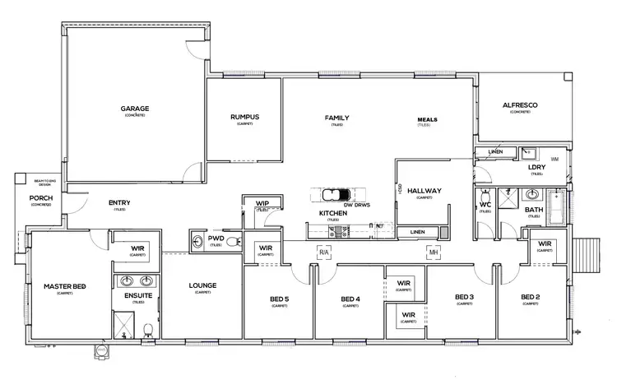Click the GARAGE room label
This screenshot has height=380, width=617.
coord(135,108)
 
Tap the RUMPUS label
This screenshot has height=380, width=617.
coord(244,117)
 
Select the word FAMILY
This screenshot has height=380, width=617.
coord(337,118)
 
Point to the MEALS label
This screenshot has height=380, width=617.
coord(426,119)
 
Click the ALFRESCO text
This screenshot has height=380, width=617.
coord(519,105)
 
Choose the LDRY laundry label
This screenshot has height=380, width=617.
coord(537,167)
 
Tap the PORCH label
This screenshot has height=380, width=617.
coord(41,198)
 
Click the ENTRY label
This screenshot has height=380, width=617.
coord(119,203)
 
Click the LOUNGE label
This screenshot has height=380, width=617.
coord(202,285)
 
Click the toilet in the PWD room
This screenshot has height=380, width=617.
coord(231,241)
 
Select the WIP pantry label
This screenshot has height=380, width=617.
coord(262,202)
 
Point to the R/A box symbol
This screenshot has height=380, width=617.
coord(323,252)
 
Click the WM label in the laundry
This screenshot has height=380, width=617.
coord(554,158)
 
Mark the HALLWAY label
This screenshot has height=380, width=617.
coord(424,191)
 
